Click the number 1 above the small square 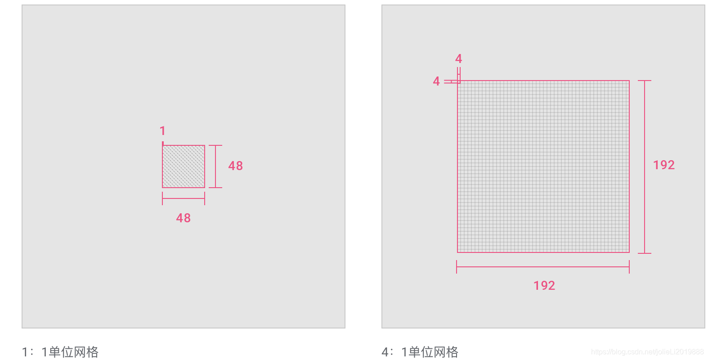pos(162,131)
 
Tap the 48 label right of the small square pos(235,166)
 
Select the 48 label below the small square pos(183,218)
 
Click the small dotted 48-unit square pos(184,166)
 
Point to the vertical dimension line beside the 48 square pos(215,166)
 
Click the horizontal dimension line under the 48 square pos(184,198)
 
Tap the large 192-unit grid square pos(543,166)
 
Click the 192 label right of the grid pos(664,165)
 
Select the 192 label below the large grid pos(544,286)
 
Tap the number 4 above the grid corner pos(458,59)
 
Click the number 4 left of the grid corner pos(436,81)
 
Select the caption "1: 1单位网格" pos(60,352)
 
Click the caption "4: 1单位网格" pos(420,352)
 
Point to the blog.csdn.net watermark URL pos(647,352)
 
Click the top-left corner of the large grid pos(458,81)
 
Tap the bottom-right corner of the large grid pos(629,252)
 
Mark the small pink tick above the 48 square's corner pos(162,143)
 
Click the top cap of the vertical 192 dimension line pos(645,81)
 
